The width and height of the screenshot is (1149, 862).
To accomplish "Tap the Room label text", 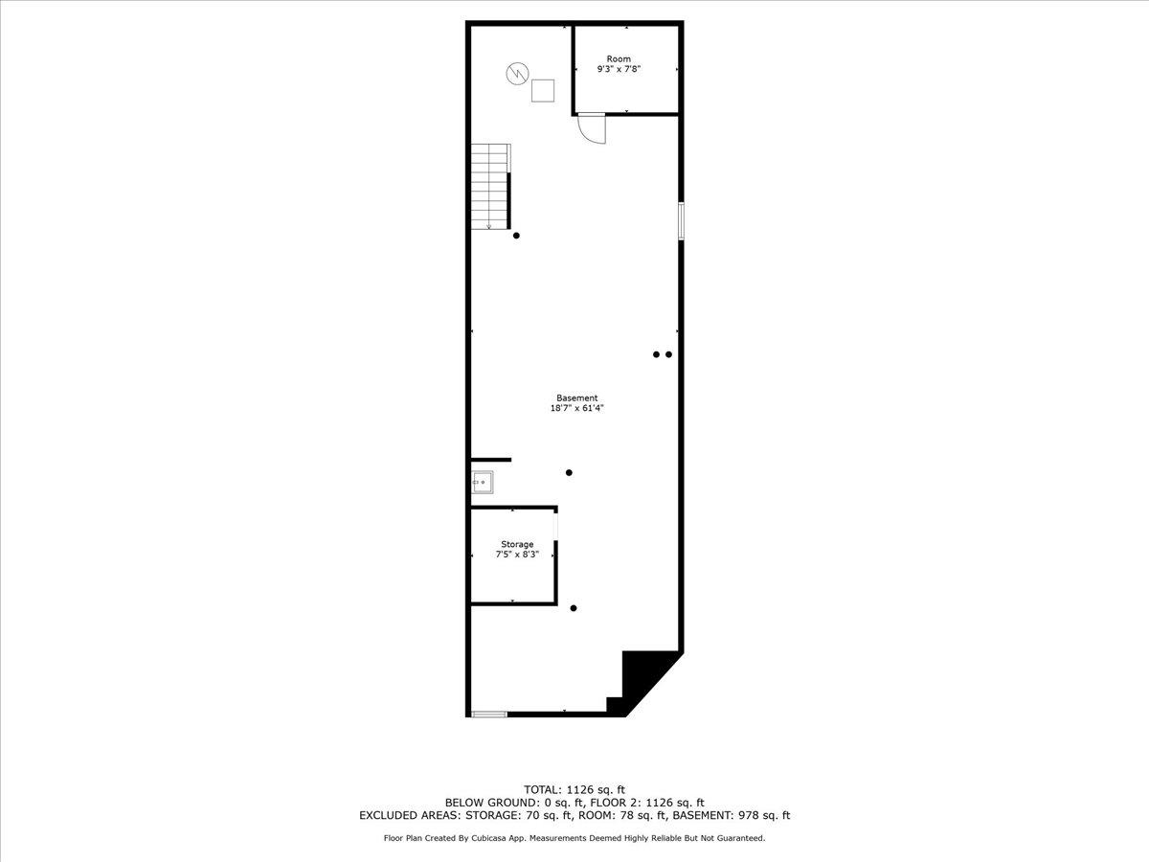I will pyautogui.click(x=619, y=59).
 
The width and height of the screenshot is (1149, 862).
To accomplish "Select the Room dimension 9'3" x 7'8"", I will pyautogui.click(x=619, y=70).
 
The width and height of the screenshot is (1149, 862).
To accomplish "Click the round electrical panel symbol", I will pyautogui.click(x=517, y=73).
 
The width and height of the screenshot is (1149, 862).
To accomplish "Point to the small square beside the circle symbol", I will pyautogui.click(x=544, y=90).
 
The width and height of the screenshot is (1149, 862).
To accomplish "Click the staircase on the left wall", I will pyautogui.click(x=489, y=187).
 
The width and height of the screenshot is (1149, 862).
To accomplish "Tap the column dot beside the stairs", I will pyautogui.click(x=517, y=236).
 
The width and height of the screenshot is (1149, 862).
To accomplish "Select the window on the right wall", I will pyautogui.click(x=681, y=220).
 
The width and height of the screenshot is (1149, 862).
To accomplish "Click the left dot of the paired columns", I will pyautogui.click(x=656, y=354).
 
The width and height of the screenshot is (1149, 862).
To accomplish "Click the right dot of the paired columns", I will pyautogui.click(x=669, y=354).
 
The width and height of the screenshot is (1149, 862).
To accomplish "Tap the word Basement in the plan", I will pyautogui.click(x=577, y=398).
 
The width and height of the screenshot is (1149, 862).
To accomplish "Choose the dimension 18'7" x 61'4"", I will pyautogui.click(x=577, y=409).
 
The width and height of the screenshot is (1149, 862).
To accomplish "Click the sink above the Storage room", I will pyautogui.click(x=483, y=482).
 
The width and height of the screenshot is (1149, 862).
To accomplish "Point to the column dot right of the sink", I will pyautogui.click(x=569, y=472).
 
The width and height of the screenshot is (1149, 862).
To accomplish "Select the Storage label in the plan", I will pyautogui.click(x=517, y=544).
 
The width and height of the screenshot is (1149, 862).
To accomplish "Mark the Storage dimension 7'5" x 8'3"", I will pyautogui.click(x=517, y=555).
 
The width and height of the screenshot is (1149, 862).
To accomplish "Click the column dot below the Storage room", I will pyautogui.click(x=574, y=608).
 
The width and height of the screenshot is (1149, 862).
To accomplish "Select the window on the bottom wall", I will pyautogui.click(x=489, y=713).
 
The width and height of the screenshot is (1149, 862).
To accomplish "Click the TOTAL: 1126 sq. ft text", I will pyautogui.click(x=574, y=789).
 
